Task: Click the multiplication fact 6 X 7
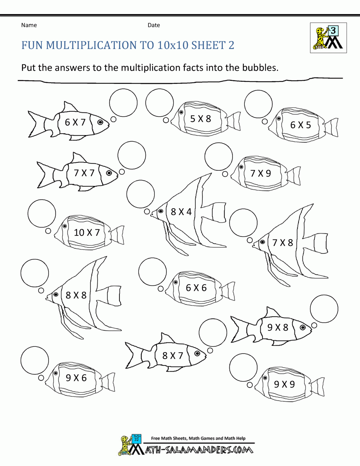[75, 122]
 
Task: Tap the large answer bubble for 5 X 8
[159, 103]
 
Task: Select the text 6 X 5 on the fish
[300, 125]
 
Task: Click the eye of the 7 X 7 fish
[109, 173]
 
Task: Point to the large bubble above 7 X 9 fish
[219, 157]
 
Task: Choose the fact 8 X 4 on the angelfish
[181, 212]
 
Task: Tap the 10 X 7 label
[87, 233]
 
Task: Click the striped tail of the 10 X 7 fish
[118, 236]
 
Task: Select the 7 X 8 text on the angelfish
[283, 243]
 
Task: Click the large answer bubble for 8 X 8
[35, 273]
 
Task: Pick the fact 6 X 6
[196, 288]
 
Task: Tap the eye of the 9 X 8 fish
[303, 327]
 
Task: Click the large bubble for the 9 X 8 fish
[324, 309]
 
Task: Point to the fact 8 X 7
[173, 356]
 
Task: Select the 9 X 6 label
[76, 378]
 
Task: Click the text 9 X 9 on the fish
[284, 384]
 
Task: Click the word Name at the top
[29, 25]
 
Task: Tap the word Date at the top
[154, 25]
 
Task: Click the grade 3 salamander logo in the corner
[328, 38]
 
